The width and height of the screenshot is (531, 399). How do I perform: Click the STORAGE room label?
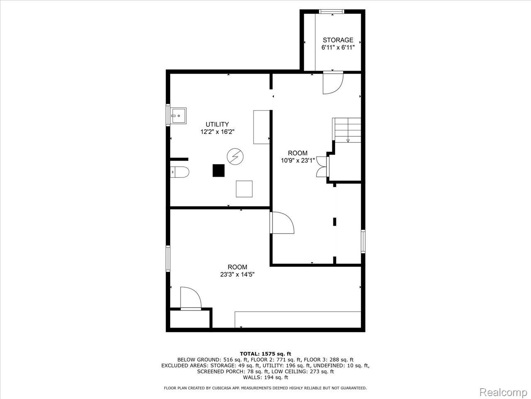pos(338,40)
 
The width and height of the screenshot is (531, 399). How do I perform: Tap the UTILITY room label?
pos(217,124)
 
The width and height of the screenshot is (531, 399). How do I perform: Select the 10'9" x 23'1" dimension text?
pos(298,160)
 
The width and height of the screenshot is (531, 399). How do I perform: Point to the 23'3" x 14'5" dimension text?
pos(237,274)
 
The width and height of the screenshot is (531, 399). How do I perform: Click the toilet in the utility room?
pos(180,172)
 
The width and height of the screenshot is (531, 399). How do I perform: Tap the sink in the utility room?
pos(178,116)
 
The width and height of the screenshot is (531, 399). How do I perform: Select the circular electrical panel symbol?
pos(235,157)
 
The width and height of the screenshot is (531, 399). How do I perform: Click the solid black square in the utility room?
pos(219,170)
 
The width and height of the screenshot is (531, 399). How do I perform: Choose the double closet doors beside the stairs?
pos(322,167)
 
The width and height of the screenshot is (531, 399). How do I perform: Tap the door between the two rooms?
pos(282,223)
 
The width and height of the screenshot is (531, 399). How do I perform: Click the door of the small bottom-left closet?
pos(191,298)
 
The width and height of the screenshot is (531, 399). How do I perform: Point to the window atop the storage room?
pos(331,11)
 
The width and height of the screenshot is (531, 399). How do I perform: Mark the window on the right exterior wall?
pos(363,241)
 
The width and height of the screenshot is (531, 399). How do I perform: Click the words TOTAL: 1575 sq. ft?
pos(265,354)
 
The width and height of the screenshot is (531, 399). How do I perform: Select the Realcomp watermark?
pos(504,392)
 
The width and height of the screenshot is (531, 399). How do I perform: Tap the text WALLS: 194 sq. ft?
pos(265,377)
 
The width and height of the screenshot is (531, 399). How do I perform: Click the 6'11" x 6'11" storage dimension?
pos(338,47)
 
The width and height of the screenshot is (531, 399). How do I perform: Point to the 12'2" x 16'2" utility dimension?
pos(217,132)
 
